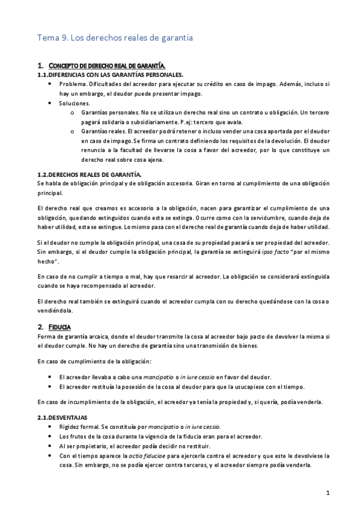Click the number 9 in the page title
(x=65, y=38)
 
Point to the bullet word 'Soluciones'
(x=74, y=103)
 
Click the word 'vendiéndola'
(x=55, y=311)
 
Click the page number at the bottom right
(x=328, y=493)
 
